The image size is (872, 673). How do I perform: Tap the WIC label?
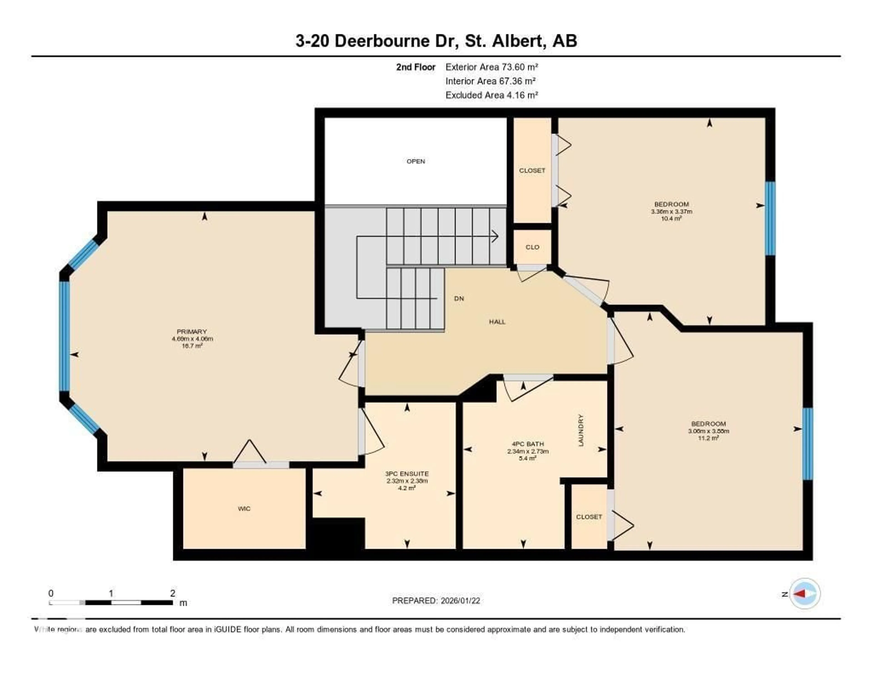(x=244, y=509)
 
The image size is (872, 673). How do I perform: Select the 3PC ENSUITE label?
(x=407, y=474)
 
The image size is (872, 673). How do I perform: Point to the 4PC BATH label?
(x=528, y=444)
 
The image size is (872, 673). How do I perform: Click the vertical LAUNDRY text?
(x=581, y=430)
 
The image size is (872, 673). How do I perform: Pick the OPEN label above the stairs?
(x=416, y=161)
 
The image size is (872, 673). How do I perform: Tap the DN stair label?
(x=459, y=298)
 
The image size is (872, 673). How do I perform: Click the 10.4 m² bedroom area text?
(x=671, y=219)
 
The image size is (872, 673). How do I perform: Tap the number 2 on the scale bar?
(x=173, y=593)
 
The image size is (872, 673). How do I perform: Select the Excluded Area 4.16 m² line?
(x=491, y=95)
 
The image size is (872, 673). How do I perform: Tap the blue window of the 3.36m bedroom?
(x=770, y=218)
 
